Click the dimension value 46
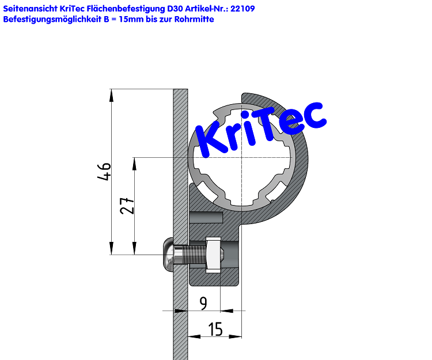click(104, 172)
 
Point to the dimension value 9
click(203, 303)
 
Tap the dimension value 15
click(215, 329)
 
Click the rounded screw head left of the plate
click(167, 253)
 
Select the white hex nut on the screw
click(213, 253)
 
